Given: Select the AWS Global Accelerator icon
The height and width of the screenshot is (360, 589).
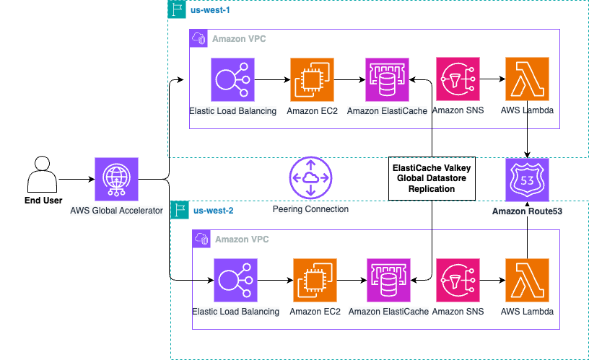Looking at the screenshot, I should [116, 179].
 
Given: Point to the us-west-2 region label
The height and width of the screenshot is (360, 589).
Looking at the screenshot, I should [213, 211].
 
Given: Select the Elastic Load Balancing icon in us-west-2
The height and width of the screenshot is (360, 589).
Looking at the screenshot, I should [235, 280].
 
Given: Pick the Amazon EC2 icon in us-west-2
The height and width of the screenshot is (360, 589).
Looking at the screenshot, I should [315, 280].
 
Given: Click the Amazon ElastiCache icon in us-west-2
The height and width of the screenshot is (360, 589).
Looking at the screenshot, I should [389, 280].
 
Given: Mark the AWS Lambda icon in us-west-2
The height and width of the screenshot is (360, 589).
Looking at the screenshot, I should [528, 280].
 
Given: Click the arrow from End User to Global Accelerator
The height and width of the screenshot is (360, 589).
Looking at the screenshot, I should [75, 179].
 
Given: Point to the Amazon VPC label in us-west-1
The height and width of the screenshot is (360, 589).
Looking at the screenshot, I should [238, 38].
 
